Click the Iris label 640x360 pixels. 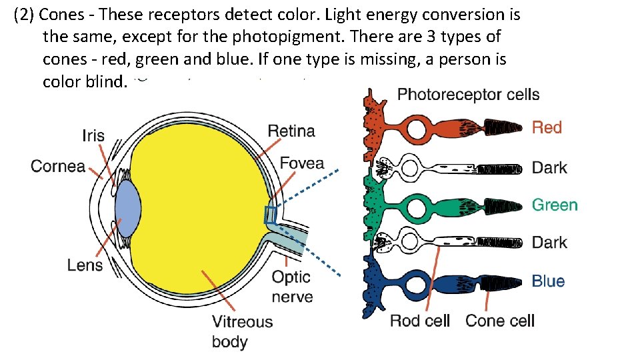93,136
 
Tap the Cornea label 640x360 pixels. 58,166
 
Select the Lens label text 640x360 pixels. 85,265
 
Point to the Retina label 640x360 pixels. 291,131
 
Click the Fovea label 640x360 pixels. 302,163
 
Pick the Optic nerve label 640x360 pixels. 292,286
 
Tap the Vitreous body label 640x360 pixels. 242,331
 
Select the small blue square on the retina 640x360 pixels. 270,215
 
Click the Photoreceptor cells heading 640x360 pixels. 468,95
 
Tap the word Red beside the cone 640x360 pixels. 547,127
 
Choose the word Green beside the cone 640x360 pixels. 555,205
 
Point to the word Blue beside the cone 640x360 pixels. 548,281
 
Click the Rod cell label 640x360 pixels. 420,321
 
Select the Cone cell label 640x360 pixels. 500,321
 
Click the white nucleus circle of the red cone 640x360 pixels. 416,130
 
